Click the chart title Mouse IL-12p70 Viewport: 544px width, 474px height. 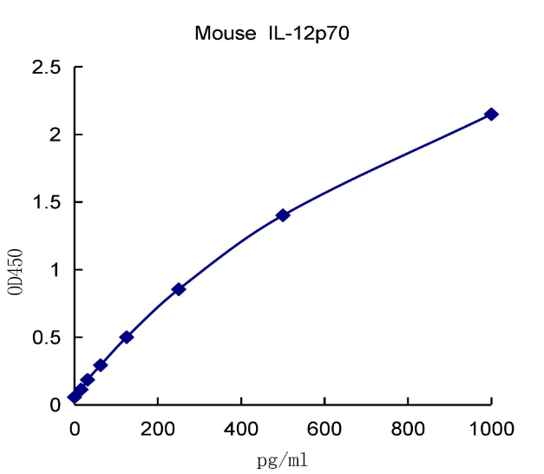(272, 34)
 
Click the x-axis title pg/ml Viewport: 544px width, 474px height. (283, 459)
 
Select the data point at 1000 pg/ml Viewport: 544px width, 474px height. (491, 115)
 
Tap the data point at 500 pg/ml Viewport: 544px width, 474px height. (283, 215)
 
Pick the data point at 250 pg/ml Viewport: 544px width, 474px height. (179, 289)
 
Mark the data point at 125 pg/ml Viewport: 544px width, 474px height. (127, 337)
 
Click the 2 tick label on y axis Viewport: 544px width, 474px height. (54, 135)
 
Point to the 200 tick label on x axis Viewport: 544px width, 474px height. (158, 427)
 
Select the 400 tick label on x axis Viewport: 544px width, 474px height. (241, 427)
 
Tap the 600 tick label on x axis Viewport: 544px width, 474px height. (324, 427)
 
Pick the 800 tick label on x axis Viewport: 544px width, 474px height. (408, 427)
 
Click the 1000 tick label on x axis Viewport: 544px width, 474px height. (491, 427)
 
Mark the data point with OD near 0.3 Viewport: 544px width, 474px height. (101, 365)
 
